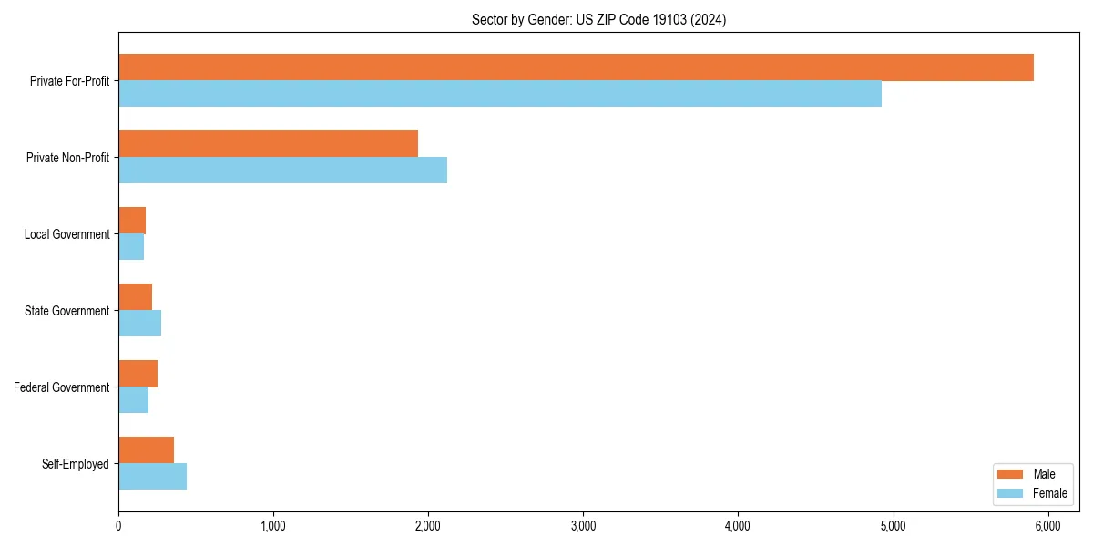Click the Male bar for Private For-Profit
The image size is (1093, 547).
click(576, 67)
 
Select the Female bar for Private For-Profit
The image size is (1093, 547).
click(500, 94)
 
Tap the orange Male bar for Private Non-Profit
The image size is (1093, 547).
click(268, 144)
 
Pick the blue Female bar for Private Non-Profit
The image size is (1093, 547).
click(282, 170)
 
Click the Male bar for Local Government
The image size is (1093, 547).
click(132, 221)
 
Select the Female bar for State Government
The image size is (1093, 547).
click(139, 324)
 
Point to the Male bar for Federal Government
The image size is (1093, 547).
click(138, 374)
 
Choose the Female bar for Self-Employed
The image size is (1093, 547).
click(152, 477)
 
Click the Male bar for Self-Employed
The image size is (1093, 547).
click(146, 450)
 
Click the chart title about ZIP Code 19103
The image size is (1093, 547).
click(598, 19)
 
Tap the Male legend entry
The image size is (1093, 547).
click(1028, 474)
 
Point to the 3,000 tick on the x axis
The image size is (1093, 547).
click(583, 526)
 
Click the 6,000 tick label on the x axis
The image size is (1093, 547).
click(1047, 526)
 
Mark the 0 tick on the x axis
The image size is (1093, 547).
click(118, 526)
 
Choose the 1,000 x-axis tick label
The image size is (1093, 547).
click(273, 526)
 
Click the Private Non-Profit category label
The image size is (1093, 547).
click(67, 158)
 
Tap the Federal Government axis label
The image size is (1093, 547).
click(62, 387)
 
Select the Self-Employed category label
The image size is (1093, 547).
click(76, 464)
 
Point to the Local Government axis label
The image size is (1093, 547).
click(66, 234)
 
